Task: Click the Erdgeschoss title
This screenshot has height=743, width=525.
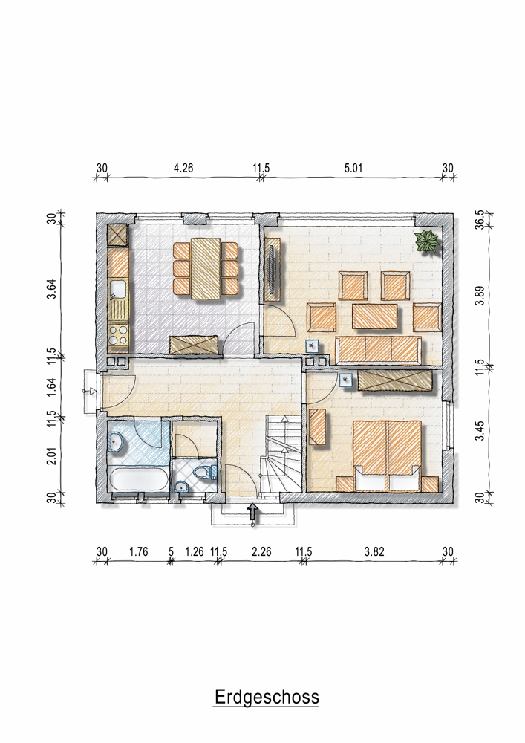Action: [267, 697]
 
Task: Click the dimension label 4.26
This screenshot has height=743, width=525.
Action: [183, 168]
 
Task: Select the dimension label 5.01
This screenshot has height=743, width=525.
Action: [353, 168]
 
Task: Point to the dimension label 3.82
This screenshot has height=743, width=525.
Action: [374, 551]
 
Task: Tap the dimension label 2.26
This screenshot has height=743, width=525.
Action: [261, 551]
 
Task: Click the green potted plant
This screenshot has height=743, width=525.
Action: [428, 241]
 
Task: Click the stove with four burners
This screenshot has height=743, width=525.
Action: [118, 334]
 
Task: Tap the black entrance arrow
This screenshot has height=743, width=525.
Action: [253, 512]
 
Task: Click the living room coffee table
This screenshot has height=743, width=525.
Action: [375, 316]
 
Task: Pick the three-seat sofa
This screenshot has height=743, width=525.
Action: [378, 350]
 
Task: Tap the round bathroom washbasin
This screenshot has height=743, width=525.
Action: [116, 443]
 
